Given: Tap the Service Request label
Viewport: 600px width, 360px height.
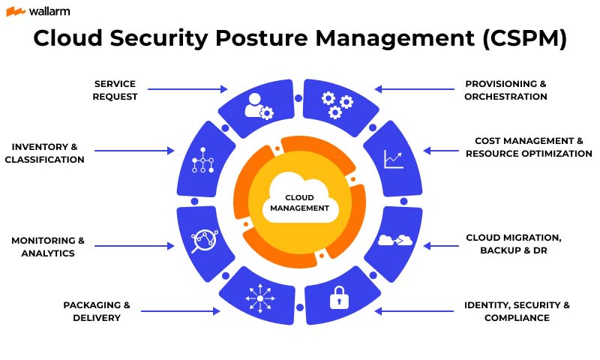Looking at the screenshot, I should (115, 90).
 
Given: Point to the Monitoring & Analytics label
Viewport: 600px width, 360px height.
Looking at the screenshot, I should (48, 247).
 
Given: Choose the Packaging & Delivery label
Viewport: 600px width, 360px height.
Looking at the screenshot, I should (97, 311).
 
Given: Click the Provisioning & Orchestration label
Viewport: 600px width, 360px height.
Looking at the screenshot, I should (505, 90).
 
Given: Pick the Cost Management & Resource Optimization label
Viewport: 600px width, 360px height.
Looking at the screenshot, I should (529, 147).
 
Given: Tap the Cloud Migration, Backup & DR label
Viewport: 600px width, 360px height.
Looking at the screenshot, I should (513, 244).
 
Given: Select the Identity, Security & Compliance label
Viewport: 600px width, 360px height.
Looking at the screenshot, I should (517, 311).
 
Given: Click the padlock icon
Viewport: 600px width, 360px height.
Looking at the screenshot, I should (339, 298).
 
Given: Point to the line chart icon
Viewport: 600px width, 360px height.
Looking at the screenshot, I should (394, 158).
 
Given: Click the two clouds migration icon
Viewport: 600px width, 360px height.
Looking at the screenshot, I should (395, 240).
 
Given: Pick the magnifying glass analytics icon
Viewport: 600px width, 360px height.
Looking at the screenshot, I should (202, 241).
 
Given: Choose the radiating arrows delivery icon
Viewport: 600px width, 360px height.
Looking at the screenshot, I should (260, 298).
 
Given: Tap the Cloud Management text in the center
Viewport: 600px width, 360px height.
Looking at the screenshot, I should (300, 203).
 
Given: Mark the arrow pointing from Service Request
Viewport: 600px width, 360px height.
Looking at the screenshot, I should (187, 89).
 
